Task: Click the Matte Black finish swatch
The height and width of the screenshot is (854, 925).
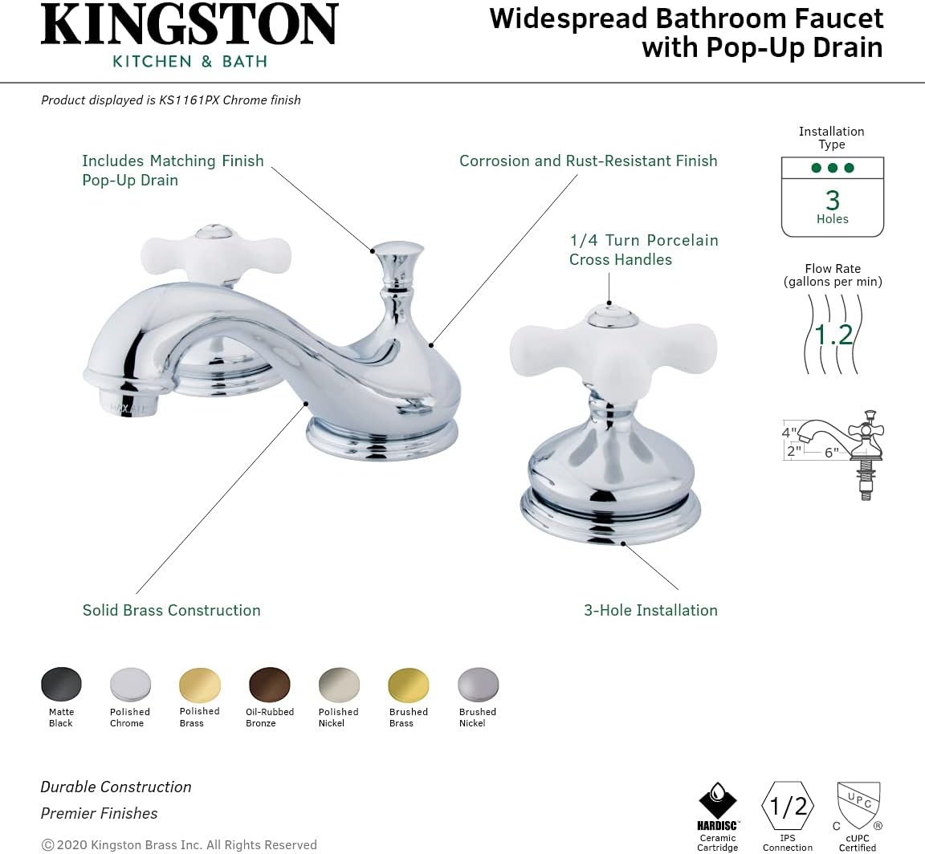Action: (61, 684)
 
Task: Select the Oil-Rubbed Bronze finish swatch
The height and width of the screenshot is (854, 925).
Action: (270, 684)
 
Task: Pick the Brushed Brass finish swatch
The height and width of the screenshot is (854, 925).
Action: (409, 684)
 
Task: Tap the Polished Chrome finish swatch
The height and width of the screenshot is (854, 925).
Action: (130, 684)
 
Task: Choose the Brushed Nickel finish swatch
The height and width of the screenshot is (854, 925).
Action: (478, 684)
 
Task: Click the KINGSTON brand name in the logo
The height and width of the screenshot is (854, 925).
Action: (189, 26)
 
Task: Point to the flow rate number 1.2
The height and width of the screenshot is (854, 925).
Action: (833, 334)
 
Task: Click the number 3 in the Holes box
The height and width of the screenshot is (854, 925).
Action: (833, 199)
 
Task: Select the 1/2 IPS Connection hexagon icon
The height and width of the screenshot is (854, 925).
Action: (788, 806)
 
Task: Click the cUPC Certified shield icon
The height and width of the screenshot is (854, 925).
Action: (858, 806)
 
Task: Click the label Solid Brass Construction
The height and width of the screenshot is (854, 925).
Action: (172, 610)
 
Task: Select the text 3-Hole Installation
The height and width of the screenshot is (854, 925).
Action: (650, 610)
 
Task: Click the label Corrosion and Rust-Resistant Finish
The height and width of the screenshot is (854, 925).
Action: (588, 161)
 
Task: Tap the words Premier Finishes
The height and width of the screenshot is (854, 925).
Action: (99, 813)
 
